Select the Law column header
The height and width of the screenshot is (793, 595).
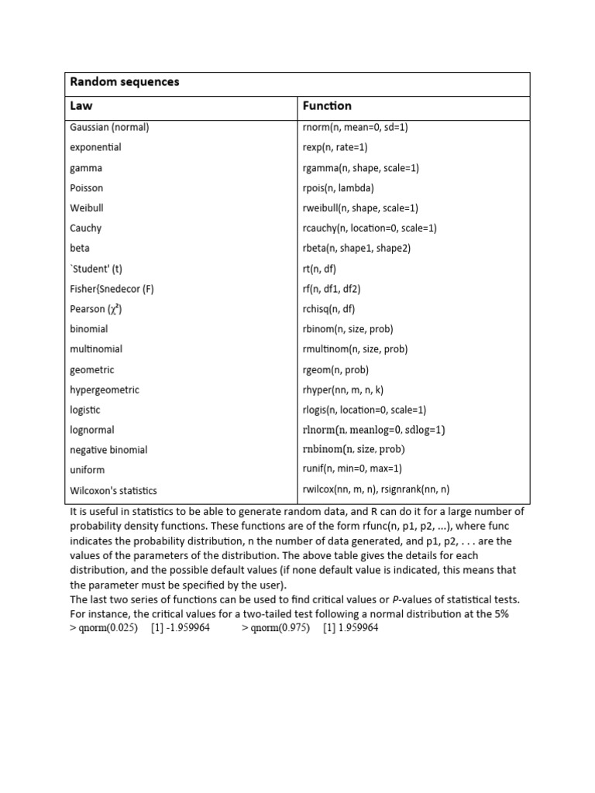point(81,106)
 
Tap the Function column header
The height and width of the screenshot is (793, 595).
point(327,106)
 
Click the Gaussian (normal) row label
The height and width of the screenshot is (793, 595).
point(109,127)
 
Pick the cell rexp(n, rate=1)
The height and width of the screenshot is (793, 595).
point(335,147)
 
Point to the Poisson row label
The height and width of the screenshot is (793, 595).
point(86,187)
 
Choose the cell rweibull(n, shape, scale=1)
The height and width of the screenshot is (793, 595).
point(360,208)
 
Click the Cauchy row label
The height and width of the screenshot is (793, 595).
point(85,228)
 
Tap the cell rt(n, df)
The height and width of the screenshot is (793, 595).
point(319,269)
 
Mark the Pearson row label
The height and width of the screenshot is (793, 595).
point(96,309)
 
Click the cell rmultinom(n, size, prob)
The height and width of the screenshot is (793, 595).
point(355,349)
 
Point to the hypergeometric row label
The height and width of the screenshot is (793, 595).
point(105,390)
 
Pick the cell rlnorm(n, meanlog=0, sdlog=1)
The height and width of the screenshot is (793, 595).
point(373,430)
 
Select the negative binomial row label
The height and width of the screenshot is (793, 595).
point(108,450)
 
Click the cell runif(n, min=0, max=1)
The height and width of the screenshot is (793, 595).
point(352,469)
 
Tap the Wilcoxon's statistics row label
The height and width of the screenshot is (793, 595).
point(113,490)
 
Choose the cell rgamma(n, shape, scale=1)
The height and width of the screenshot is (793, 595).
point(360,167)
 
